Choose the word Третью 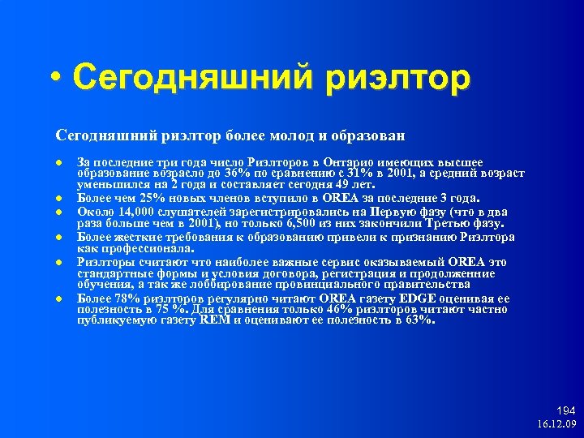pos(456,223)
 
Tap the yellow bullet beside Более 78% pos(59,298)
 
